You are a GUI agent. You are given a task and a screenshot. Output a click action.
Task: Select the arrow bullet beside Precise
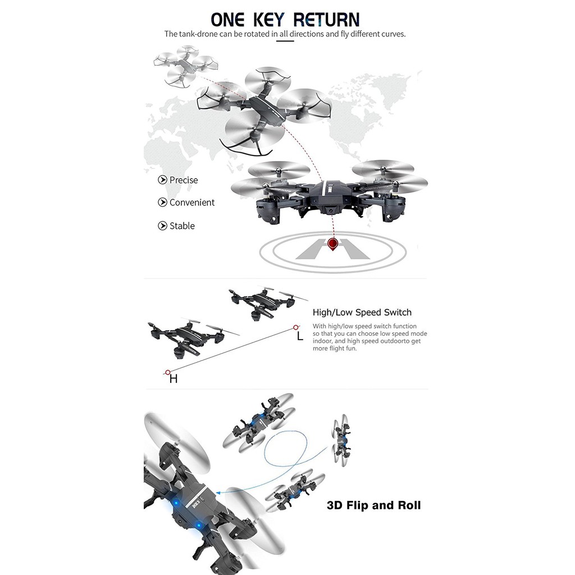(162, 180)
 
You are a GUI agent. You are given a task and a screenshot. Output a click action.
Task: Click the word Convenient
(192, 203)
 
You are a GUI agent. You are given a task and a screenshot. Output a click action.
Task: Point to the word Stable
(182, 226)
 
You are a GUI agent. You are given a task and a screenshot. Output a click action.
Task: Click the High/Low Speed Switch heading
(362, 313)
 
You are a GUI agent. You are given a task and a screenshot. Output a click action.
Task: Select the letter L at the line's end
(300, 336)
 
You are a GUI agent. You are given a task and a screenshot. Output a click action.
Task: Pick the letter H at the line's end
(174, 379)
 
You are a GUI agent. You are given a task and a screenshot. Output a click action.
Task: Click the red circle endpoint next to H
(167, 372)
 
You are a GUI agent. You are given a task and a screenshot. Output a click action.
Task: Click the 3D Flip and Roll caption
(373, 505)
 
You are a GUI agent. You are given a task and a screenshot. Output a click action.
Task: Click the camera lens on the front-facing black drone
(328, 212)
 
